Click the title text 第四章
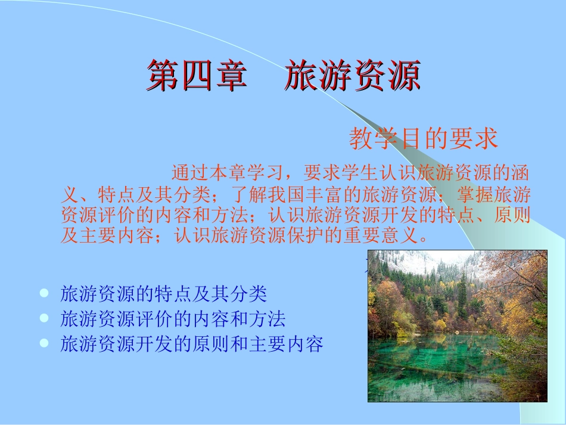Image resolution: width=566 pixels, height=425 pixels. (x=197, y=76)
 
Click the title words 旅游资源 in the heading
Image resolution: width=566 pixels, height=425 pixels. (x=353, y=76)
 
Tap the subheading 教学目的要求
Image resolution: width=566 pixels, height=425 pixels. (x=423, y=139)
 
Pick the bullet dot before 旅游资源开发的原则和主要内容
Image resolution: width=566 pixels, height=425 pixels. (x=43, y=343)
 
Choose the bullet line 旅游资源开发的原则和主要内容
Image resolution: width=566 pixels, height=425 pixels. (x=192, y=344)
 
